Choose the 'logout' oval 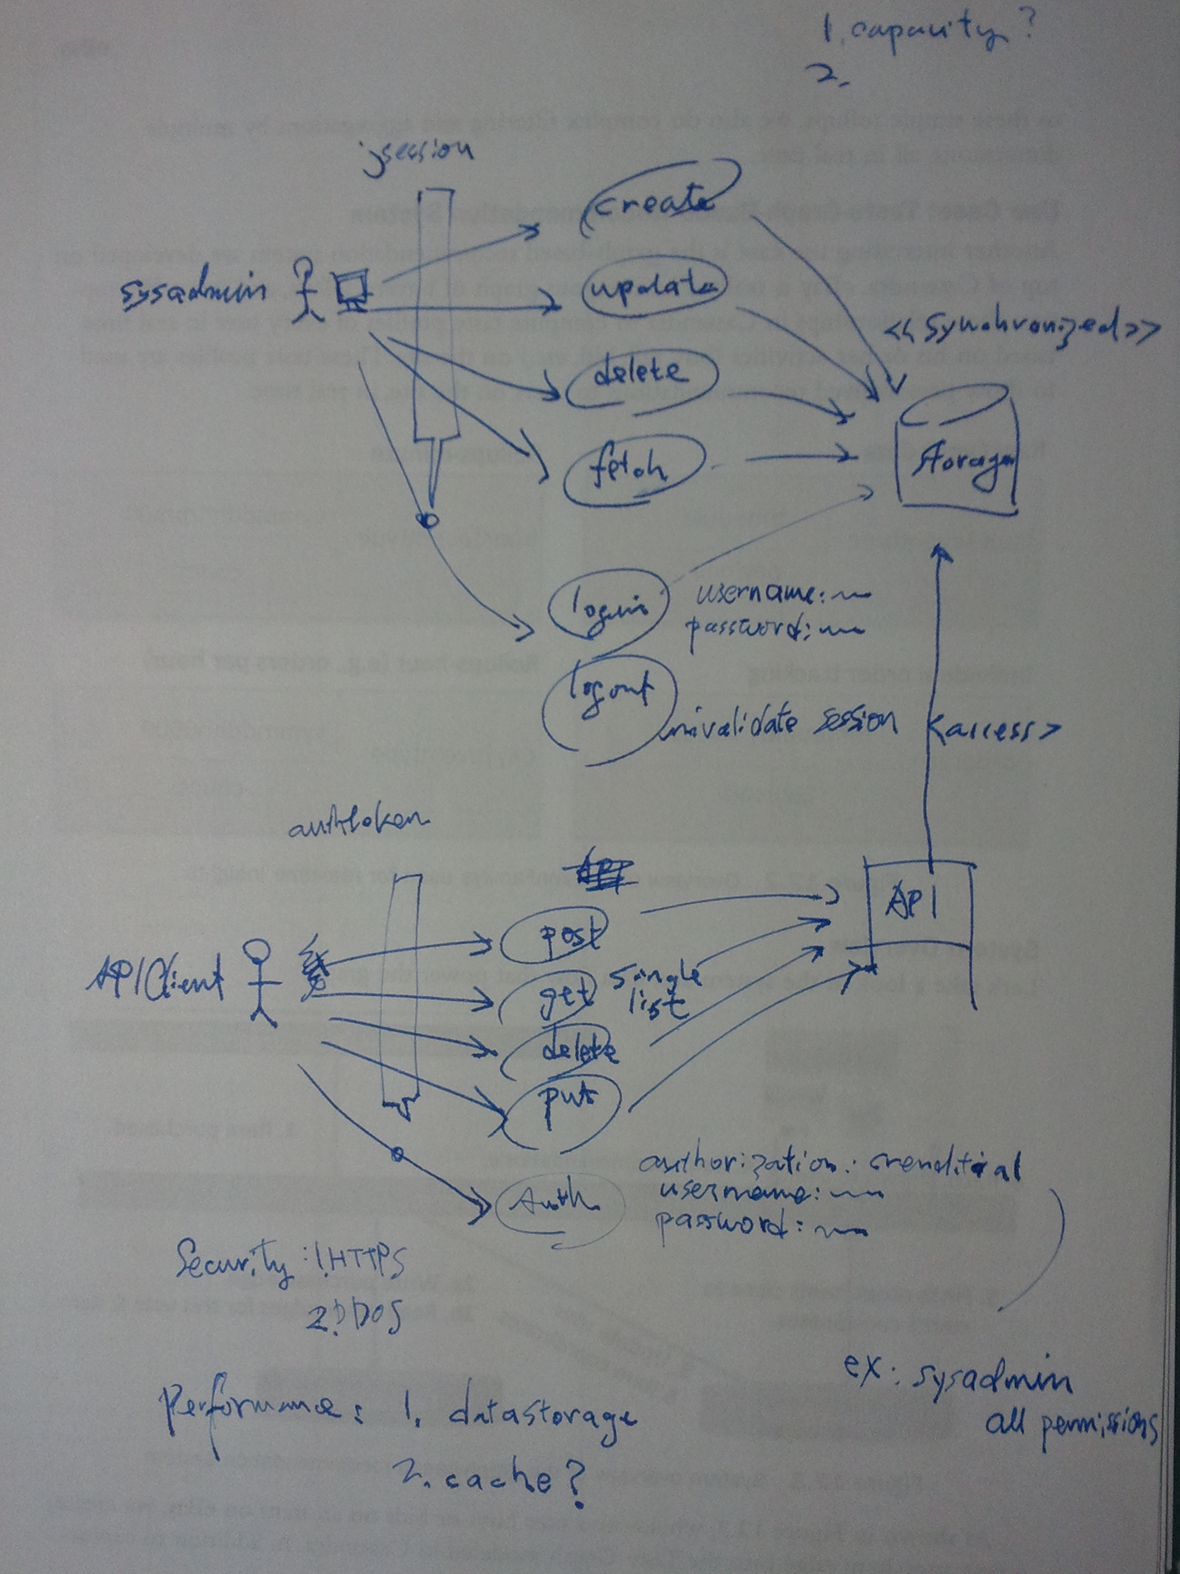coord(610,694)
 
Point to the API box coord(918,908)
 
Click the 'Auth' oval coord(558,1201)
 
